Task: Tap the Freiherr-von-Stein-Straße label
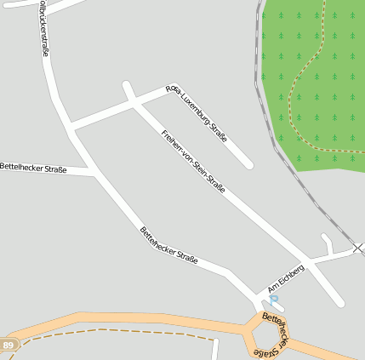(x=193, y=161)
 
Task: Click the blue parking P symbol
(x=274, y=300)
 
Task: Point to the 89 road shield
(x=9, y=345)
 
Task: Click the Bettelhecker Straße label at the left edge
(x=33, y=169)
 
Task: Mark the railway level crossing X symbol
(x=359, y=248)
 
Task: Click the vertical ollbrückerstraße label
(x=44, y=29)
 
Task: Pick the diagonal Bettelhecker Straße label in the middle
(x=168, y=245)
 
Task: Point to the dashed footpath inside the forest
(x=293, y=94)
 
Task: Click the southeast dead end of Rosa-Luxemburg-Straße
(x=248, y=163)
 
